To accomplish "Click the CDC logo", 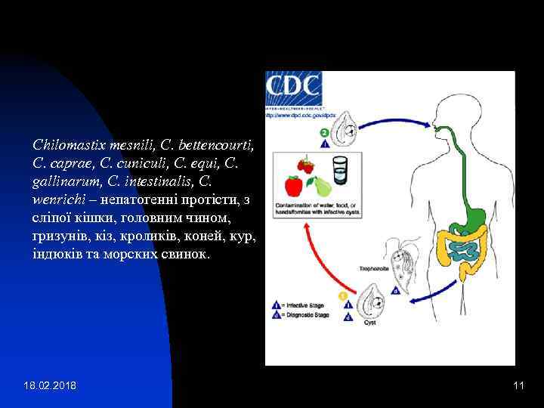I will pyautogui.click(x=294, y=89).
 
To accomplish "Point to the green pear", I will pyautogui.click(x=321, y=186).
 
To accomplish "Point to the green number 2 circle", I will pyautogui.click(x=324, y=133).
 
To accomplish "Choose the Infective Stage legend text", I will pyautogui.click(x=303, y=305).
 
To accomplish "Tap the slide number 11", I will pyautogui.click(x=518, y=387).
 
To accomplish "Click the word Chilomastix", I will pyautogui.click(x=70, y=143).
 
